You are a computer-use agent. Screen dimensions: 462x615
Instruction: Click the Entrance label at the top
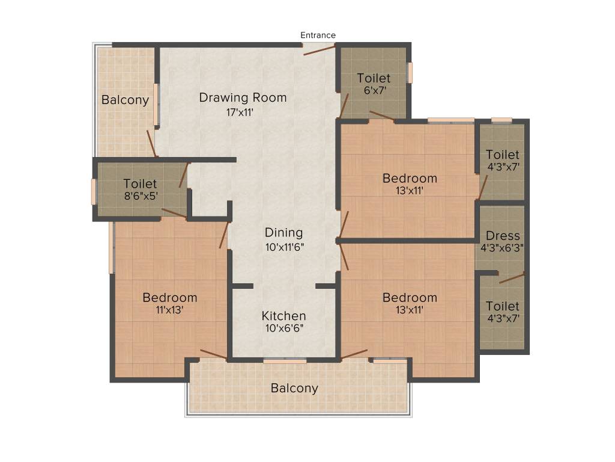click(x=318, y=35)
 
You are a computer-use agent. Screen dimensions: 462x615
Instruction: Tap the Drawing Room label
click(x=243, y=97)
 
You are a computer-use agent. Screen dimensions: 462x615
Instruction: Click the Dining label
click(x=283, y=233)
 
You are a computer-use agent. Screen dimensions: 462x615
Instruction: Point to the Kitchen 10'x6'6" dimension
click(x=283, y=328)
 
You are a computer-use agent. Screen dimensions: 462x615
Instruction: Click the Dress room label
click(x=503, y=236)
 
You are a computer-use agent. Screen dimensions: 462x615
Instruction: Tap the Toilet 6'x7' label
click(x=374, y=78)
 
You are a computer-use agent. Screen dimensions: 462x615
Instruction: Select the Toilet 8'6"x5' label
click(x=140, y=183)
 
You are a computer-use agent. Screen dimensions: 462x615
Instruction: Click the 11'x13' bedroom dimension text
click(x=169, y=310)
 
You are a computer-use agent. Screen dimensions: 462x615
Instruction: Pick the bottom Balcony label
click(x=294, y=388)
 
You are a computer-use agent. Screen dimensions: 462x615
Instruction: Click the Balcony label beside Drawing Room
click(x=125, y=100)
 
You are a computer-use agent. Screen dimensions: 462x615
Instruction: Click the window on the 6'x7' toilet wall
click(x=410, y=72)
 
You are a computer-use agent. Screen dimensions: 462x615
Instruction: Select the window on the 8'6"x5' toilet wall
click(x=94, y=192)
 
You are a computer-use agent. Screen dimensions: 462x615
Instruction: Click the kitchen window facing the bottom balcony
click(x=285, y=361)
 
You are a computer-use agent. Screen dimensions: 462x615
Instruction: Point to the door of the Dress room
click(x=511, y=278)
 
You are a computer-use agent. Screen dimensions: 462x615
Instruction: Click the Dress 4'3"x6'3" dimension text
click(x=503, y=247)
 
